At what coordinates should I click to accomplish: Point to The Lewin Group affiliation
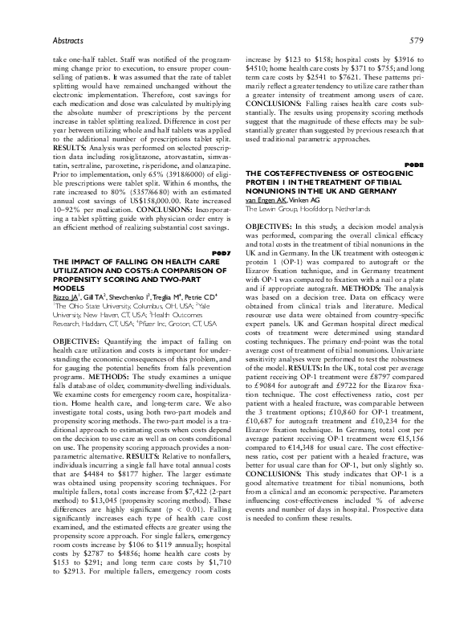click(272, 185)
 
